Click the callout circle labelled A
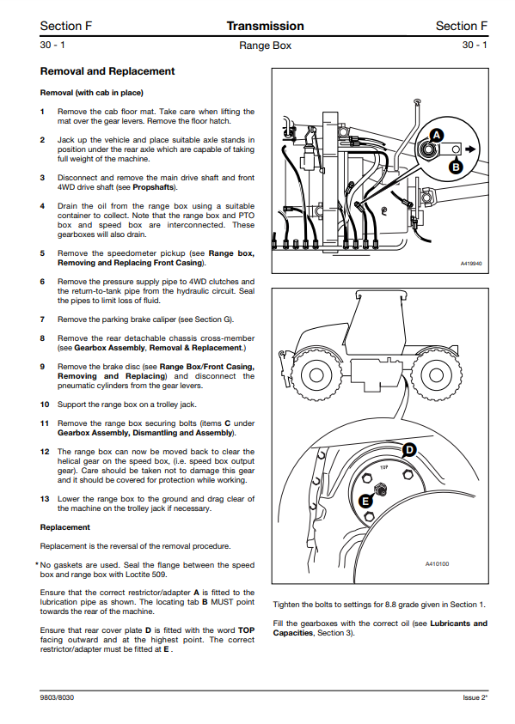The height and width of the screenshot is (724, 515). coord(437,136)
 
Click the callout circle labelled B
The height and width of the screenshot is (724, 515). coord(456,167)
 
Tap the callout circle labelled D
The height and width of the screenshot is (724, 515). coord(409,450)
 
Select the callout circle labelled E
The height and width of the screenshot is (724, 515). coord(366,502)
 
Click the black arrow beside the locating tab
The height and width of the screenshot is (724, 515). coord(470,149)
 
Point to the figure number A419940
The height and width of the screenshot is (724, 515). coord(471,264)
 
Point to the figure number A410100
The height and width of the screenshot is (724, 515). coord(437,563)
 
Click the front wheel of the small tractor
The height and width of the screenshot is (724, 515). coord(316,374)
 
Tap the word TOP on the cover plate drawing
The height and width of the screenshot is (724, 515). coord(384,467)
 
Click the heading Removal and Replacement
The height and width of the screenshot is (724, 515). coord(107,71)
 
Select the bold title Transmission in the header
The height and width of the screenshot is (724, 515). coord(266,26)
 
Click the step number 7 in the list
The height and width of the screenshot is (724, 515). coord(42,319)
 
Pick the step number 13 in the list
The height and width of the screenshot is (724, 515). coord(45,499)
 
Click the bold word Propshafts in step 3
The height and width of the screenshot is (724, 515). coord(153,187)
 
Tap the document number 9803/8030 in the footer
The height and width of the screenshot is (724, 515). coord(57,697)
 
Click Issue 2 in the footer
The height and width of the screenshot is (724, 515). coord(475,697)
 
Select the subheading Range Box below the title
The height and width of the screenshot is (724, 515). coord(266,46)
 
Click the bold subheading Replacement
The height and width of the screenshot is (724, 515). coord(65,527)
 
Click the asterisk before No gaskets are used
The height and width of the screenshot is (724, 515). coord(36,564)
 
